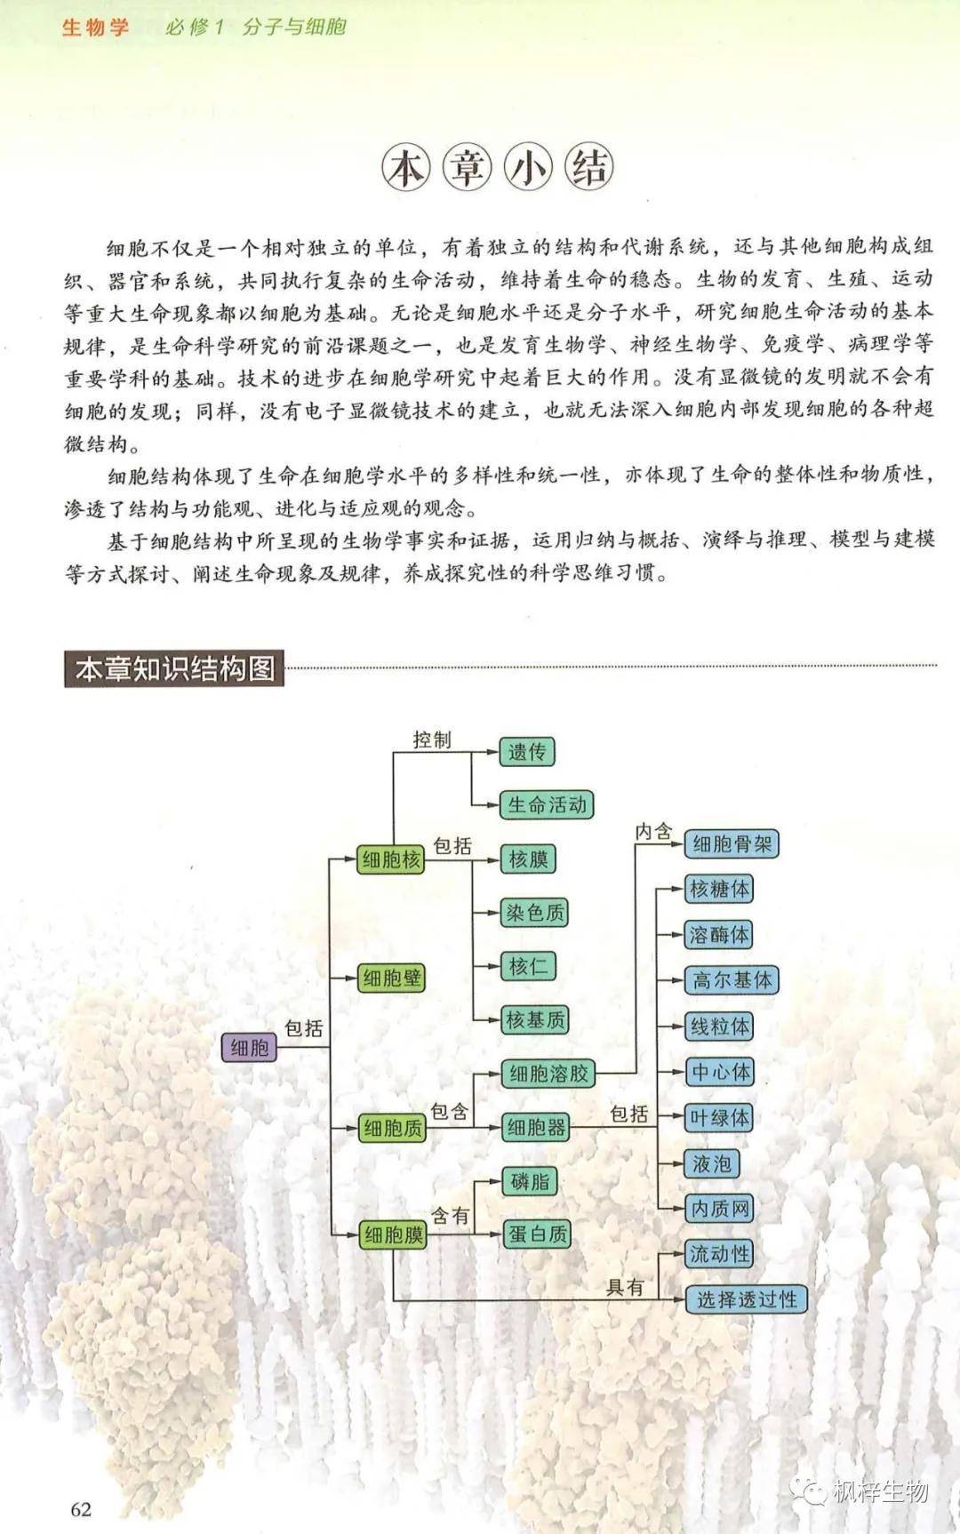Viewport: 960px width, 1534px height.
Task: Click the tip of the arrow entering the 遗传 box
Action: [499, 751]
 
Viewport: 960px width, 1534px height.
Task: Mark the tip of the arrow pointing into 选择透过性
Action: [685, 1299]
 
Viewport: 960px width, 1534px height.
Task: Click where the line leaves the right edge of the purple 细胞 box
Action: [277, 1047]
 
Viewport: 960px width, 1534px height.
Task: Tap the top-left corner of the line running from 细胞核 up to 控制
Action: [394, 751]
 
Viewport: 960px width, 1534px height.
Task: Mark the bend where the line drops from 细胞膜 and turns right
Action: [394, 1299]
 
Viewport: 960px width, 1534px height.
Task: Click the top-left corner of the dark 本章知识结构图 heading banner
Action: [65, 651]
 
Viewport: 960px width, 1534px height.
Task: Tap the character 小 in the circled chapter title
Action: [528, 167]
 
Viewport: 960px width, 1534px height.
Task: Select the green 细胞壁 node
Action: [391, 979]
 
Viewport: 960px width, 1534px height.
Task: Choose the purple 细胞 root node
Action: [249, 1047]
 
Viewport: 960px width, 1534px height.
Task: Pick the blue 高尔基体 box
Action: [732, 980]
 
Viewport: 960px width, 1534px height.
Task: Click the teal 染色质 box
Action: [534, 913]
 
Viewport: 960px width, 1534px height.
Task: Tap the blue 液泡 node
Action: [711, 1163]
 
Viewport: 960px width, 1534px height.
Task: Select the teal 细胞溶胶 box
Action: [548, 1074]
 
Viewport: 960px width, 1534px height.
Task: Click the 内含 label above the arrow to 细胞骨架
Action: [653, 831]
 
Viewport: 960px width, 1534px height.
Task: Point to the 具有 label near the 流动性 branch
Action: [625, 1286]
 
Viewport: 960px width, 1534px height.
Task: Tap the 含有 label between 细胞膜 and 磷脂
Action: [450, 1215]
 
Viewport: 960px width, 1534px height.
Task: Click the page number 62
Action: [81, 1509]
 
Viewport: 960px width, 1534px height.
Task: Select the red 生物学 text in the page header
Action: [95, 28]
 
